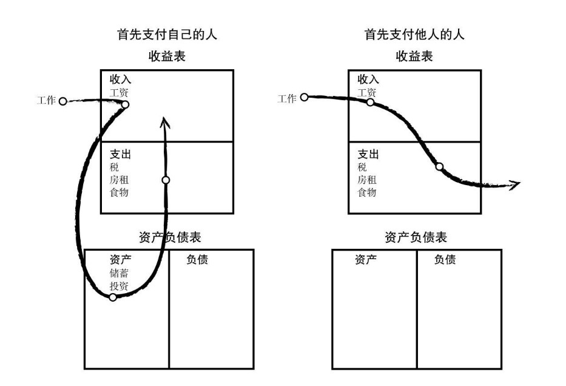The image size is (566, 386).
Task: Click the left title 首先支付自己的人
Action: (167, 35)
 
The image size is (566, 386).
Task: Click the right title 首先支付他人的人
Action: (414, 35)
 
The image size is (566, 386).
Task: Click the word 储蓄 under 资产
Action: (119, 273)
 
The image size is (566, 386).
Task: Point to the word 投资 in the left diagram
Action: (119, 286)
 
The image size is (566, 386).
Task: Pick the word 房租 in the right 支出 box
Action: (366, 180)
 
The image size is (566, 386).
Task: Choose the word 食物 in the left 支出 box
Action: (119, 192)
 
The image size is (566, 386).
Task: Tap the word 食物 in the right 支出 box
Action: (366, 192)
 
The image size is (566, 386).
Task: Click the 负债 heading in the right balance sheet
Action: (445, 260)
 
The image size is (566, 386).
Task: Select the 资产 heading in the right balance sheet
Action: (366, 260)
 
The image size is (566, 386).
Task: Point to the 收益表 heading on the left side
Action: (167, 57)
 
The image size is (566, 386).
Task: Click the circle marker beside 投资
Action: (112, 297)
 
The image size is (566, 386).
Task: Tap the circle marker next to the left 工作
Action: (62, 101)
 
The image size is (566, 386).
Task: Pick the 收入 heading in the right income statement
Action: (368, 80)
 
